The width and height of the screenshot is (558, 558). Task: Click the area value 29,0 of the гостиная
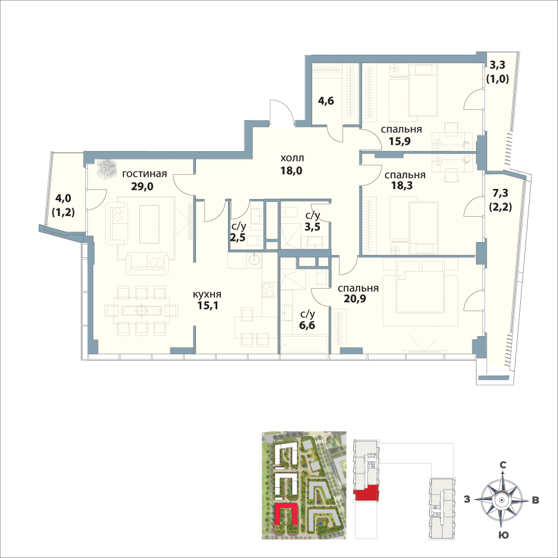pyautogui.click(x=142, y=186)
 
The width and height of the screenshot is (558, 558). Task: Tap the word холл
pyautogui.click(x=292, y=158)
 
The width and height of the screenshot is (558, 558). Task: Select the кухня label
pyautogui.click(x=207, y=294)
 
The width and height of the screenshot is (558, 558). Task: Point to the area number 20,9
pyautogui.click(x=355, y=298)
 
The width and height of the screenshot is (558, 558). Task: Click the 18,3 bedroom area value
pyautogui.click(x=402, y=185)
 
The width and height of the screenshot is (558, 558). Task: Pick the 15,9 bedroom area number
pyautogui.click(x=400, y=141)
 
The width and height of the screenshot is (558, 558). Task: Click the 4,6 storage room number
pyautogui.click(x=325, y=101)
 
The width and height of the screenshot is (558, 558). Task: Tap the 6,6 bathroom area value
pyautogui.click(x=307, y=325)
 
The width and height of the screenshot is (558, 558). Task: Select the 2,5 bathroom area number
pyautogui.click(x=237, y=237)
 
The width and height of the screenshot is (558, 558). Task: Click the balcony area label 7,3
pyautogui.click(x=500, y=193)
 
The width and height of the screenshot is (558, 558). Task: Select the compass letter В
pyautogui.click(x=535, y=500)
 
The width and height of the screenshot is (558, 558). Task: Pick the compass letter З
pyautogui.click(x=467, y=500)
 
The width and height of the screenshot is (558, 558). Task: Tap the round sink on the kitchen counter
pyautogui.click(x=255, y=259)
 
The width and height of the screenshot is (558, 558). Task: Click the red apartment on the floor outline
pyautogui.click(x=366, y=493)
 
